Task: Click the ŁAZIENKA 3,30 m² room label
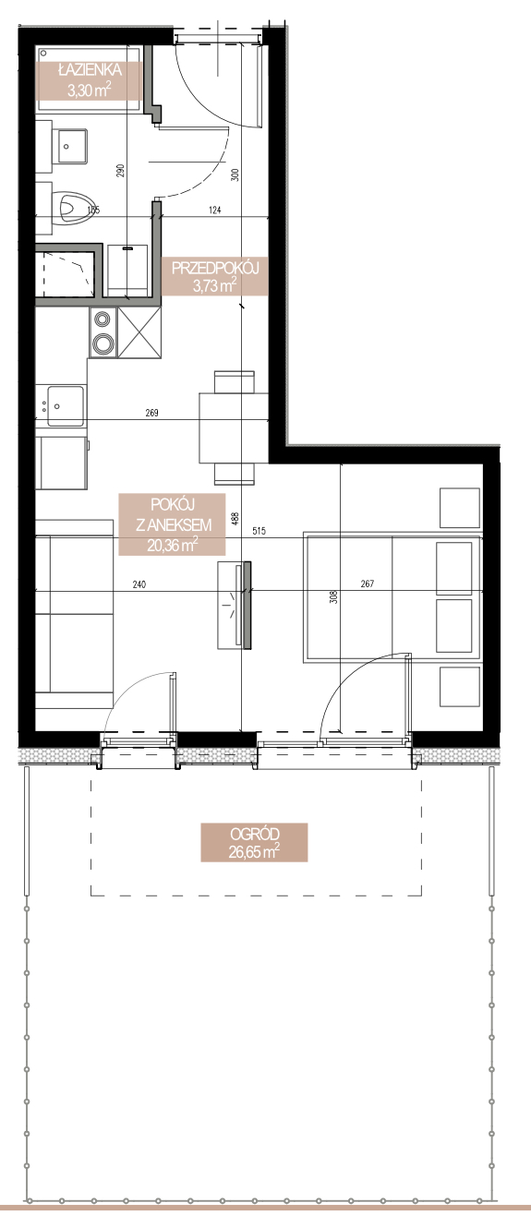tap(90, 80)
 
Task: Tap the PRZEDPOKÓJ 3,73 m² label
tap(215, 276)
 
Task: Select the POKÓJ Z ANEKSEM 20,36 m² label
tap(172, 524)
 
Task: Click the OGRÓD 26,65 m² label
tap(254, 842)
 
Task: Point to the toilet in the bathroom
tap(73, 208)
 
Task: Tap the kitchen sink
tap(65, 405)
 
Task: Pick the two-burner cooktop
tap(103, 332)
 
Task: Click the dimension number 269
tap(151, 414)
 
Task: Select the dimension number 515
tap(259, 531)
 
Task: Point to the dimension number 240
tap(139, 584)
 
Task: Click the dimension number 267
tap(368, 584)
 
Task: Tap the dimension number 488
tap(235, 520)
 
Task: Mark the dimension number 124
tap(215, 210)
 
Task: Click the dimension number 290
tap(120, 171)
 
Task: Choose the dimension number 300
tap(235, 174)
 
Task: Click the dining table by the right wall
tap(234, 428)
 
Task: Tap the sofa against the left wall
tap(74, 613)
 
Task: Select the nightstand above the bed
tap(459, 508)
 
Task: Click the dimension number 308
tap(333, 597)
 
